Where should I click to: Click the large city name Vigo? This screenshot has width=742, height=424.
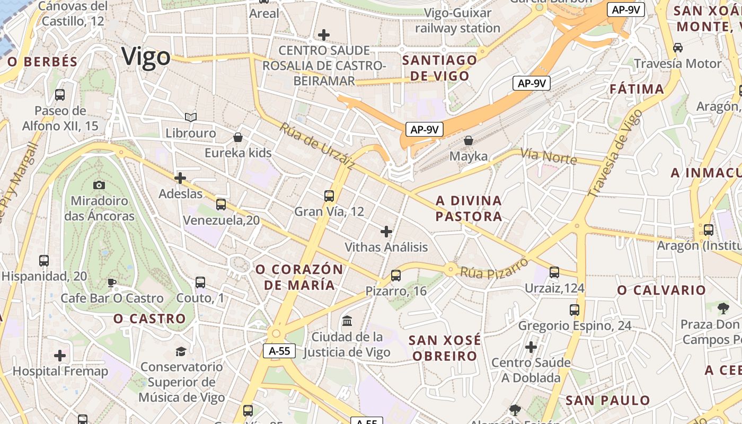(x=146, y=57)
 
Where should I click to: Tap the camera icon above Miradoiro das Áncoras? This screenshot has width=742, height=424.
(x=99, y=185)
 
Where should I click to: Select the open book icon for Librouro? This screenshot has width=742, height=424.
(x=191, y=117)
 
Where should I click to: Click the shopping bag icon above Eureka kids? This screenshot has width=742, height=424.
(x=238, y=137)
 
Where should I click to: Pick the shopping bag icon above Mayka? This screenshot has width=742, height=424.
(x=469, y=140)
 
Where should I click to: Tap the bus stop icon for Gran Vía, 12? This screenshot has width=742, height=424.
(x=329, y=196)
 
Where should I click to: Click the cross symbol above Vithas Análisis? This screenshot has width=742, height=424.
(x=386, y=232)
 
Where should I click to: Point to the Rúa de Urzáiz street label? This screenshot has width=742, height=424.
(x=317, y=146)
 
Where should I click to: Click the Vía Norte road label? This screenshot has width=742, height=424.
(x=548, y=156)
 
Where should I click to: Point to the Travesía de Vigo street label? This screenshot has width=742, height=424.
(x=615, y=153)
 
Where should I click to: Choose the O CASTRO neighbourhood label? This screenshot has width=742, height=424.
(x=149, y=319)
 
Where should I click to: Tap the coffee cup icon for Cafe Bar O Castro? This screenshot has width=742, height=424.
(x=111, y=282)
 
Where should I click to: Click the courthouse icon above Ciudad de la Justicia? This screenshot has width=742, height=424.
(x=348, y=321)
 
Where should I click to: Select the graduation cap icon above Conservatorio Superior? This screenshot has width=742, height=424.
(x=181, y=351)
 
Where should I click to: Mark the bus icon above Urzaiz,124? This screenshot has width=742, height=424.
(x=554, y=272)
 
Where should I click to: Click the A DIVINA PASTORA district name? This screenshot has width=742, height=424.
(x=469, y=208)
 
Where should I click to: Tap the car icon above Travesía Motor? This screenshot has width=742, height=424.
(x=677, y=48)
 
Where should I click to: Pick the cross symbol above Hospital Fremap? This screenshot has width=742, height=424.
(x=60, y=356)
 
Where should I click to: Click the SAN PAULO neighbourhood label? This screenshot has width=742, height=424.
(x=607, y=400)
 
